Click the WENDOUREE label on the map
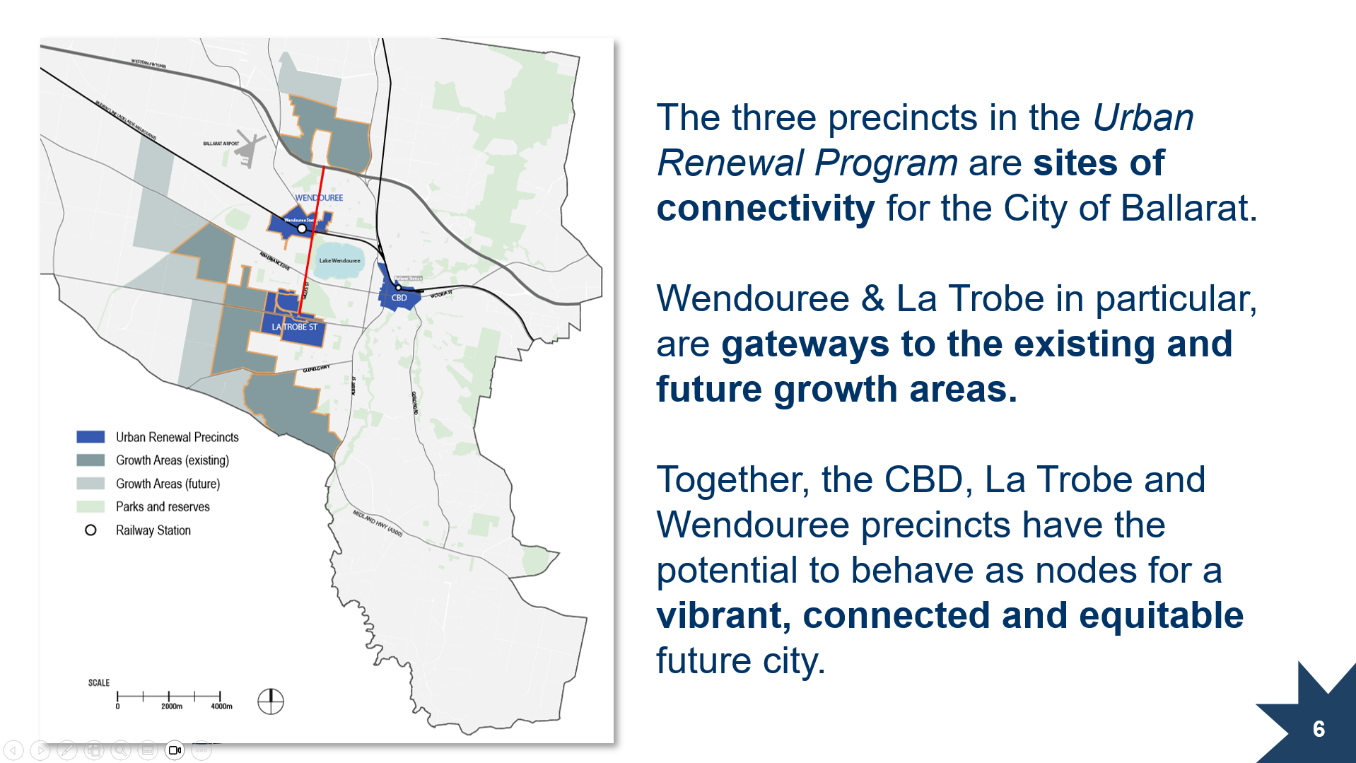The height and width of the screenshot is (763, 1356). point(318,198)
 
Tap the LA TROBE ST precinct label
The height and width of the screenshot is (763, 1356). point(294,327)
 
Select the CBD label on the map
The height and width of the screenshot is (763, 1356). point(399,298)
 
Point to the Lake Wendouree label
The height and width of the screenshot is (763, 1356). point(339,261)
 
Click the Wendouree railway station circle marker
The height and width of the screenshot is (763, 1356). point(302,228)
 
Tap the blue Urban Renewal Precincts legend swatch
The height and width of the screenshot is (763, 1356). point(90,437)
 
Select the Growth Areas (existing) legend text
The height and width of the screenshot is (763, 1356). point(172,460)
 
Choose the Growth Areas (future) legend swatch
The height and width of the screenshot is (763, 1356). point(90,484)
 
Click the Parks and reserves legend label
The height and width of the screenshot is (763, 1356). point(163,507)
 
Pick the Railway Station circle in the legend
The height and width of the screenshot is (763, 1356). point(90,530)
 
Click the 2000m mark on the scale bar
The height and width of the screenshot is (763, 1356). point(170,697)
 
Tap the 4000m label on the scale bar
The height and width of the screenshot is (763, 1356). point(221,706)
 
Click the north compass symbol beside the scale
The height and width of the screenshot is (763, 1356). point(271,701)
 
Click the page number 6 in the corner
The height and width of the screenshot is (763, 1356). point(1319,729)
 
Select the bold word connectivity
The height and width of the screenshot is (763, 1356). point(765,209)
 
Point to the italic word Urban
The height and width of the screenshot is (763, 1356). point(1142,118)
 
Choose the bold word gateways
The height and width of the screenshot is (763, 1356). point(805,344)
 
